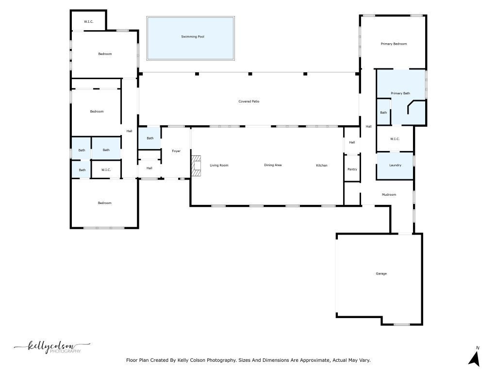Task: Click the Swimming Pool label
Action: click(x=192, y=37)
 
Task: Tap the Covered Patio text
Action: click(x=249, y=102)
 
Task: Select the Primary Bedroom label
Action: click(x=394, y=44)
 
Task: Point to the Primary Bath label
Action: click(x=400, y=93)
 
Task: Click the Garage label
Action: click(x=381, y=274)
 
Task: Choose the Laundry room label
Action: click(x=395, y=165)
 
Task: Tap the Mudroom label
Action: click(x=389, y=195)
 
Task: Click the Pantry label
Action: click(x=352, y=170)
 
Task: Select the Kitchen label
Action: click(x=322, y=166)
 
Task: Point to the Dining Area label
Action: click(x=273, y=165)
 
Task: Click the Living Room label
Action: click(x=219, y=166)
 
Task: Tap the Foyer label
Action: click(x=176, y=151)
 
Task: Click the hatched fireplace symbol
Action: click(x=196, y=166)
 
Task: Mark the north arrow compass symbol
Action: click(x=475, y=360)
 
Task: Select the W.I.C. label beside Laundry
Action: click(x=395, y=139)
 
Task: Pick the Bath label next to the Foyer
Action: click(x=150, y=138)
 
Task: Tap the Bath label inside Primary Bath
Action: click(x=383, y=113)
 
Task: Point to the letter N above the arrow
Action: click(x=478, y=348)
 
